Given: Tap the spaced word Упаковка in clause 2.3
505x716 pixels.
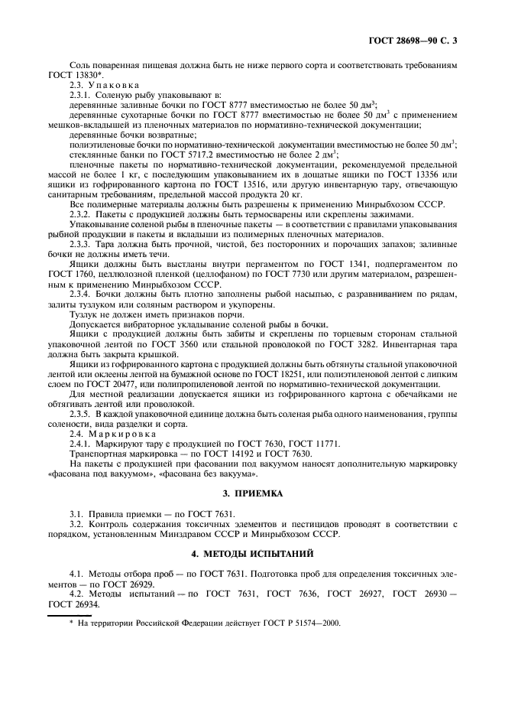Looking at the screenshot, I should pyautogui.click(x=115, y=86).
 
